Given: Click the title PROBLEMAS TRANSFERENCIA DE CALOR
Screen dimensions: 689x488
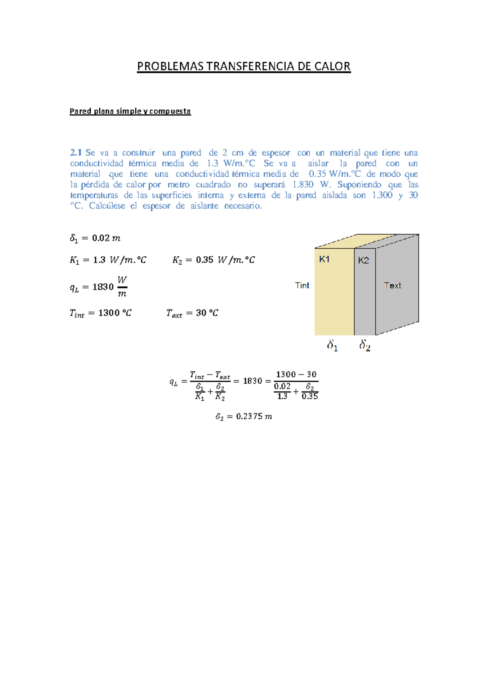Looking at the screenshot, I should click(244, 66).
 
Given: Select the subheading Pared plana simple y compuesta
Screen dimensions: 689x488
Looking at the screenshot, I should click(130, 111).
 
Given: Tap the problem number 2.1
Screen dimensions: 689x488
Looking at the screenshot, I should click(76, 153).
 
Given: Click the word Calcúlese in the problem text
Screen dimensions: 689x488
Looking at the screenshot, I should click(107, 206).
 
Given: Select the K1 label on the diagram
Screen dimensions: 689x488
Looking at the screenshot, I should click(324, 259).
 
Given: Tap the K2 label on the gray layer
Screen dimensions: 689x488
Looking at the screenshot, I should click(363, 260).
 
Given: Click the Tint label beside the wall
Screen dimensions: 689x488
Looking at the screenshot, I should click(302, 285).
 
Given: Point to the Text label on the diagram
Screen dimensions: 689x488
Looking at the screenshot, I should click(392, 285).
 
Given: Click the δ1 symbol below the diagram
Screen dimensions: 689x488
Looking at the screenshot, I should click(332, 346).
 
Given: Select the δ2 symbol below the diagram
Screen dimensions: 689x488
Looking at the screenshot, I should click(365, 346).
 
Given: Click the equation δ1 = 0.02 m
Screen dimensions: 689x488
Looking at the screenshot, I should click(95, 238).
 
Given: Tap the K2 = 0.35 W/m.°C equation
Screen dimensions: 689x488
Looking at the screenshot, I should click(213, 260).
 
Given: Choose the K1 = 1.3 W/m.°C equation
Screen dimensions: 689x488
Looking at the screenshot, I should click(108, 260).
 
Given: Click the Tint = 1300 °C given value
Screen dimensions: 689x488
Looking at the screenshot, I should click(100, 313).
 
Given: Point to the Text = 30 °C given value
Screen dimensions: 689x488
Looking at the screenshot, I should click(192, 313).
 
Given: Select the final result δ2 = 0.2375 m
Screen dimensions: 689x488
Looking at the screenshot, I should click(244, 416).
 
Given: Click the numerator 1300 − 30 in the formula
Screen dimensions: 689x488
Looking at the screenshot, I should click(296, 375).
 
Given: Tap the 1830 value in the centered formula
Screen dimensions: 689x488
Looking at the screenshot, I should click(252, 381).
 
